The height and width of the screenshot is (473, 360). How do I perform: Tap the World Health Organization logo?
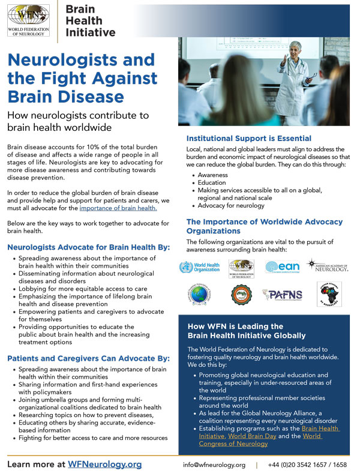(x=200, y=267)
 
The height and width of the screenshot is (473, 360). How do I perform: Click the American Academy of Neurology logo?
(x=328, y=266)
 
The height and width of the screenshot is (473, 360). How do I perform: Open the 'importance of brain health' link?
(x=118, y=208)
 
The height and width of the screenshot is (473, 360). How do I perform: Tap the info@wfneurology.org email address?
(x=214, y=465)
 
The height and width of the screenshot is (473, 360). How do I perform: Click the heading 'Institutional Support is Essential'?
(x=248, y=139)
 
